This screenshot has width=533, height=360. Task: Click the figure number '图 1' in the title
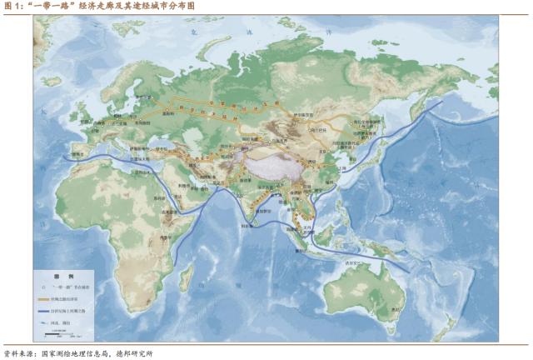12,7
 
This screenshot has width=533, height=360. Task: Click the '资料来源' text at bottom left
18,353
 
